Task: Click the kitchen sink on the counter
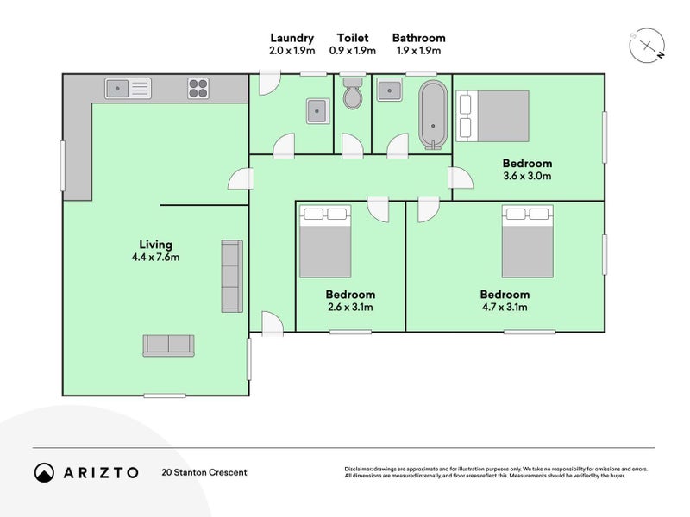(128, 89)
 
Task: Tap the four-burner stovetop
(198, 89)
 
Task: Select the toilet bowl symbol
(352, 93)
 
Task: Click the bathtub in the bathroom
(433, 115)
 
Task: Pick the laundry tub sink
(317, 111)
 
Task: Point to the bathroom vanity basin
(389, 90)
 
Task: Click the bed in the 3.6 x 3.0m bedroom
(492, 116)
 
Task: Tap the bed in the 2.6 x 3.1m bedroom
(325, 241)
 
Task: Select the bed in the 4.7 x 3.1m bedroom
(528, 241)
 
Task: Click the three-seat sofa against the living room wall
(232, 276)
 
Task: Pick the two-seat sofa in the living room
(168, 346)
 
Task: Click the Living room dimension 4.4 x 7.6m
(156, 258)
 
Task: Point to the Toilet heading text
(353, 38)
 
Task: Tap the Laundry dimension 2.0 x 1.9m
(292, 51)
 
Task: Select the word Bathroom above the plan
(419, 38)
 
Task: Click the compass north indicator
(660, 55)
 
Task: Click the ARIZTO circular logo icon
(45, 472)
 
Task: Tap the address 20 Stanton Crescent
(204, 472)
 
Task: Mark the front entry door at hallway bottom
(273, 324)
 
